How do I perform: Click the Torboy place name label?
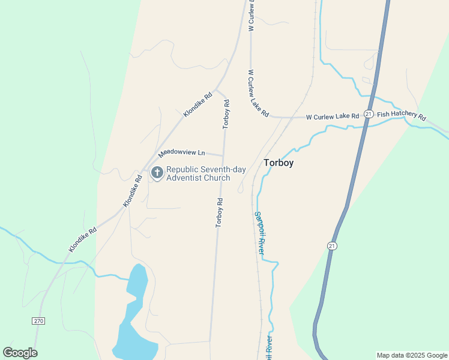[279, 163]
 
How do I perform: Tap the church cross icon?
[157, 173]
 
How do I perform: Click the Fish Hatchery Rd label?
[401, 116]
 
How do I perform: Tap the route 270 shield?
[38, 321]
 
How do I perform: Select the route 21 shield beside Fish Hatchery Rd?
[369, 114]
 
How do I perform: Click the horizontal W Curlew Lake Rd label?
[332, 116]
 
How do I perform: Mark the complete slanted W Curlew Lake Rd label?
[259, 94]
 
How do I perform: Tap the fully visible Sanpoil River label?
[259, 233]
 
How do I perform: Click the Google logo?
[20, 352]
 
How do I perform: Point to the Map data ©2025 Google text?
[412, 355]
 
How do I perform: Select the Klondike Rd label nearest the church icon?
[133, 191]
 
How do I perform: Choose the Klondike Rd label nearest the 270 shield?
[83, 239]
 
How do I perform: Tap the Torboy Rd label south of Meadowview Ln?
[219, 213]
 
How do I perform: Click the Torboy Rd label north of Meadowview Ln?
[226, 114]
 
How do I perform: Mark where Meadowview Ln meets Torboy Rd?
[223, 155]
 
